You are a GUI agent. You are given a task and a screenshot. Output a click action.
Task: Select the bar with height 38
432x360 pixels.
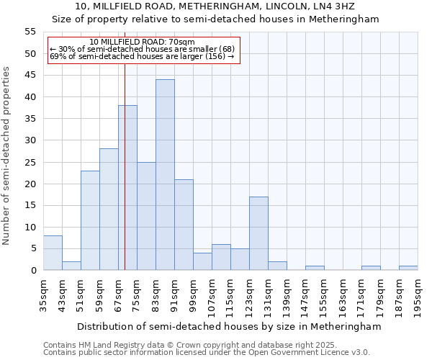(127, 188)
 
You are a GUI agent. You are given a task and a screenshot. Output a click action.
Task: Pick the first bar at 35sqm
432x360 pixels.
(53, 253)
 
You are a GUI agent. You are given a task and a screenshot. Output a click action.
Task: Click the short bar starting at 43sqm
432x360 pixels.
(71, 266)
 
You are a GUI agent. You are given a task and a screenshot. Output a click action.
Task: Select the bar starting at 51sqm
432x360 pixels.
(90, 220)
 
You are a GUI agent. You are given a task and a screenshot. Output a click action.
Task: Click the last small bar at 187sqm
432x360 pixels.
(408, 268)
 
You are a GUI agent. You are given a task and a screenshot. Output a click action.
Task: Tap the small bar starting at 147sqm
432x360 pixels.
(315, 268)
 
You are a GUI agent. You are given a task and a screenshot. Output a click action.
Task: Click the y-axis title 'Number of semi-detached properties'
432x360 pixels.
(6, 156)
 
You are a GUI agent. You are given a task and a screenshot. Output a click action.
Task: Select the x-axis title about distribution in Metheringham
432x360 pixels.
(228, 326)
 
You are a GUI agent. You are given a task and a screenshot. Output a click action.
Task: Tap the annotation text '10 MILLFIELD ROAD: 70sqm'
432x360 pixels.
(143, 42)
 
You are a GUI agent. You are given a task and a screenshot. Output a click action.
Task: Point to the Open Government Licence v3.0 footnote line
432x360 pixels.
(207, 352)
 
